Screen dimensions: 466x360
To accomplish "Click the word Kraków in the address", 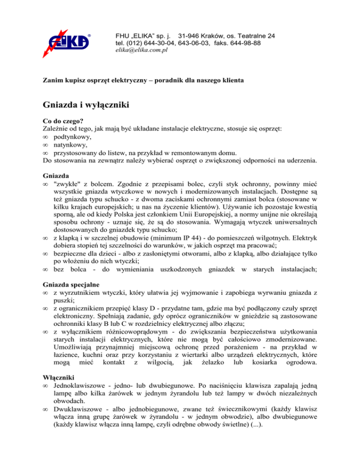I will pos(219,36).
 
